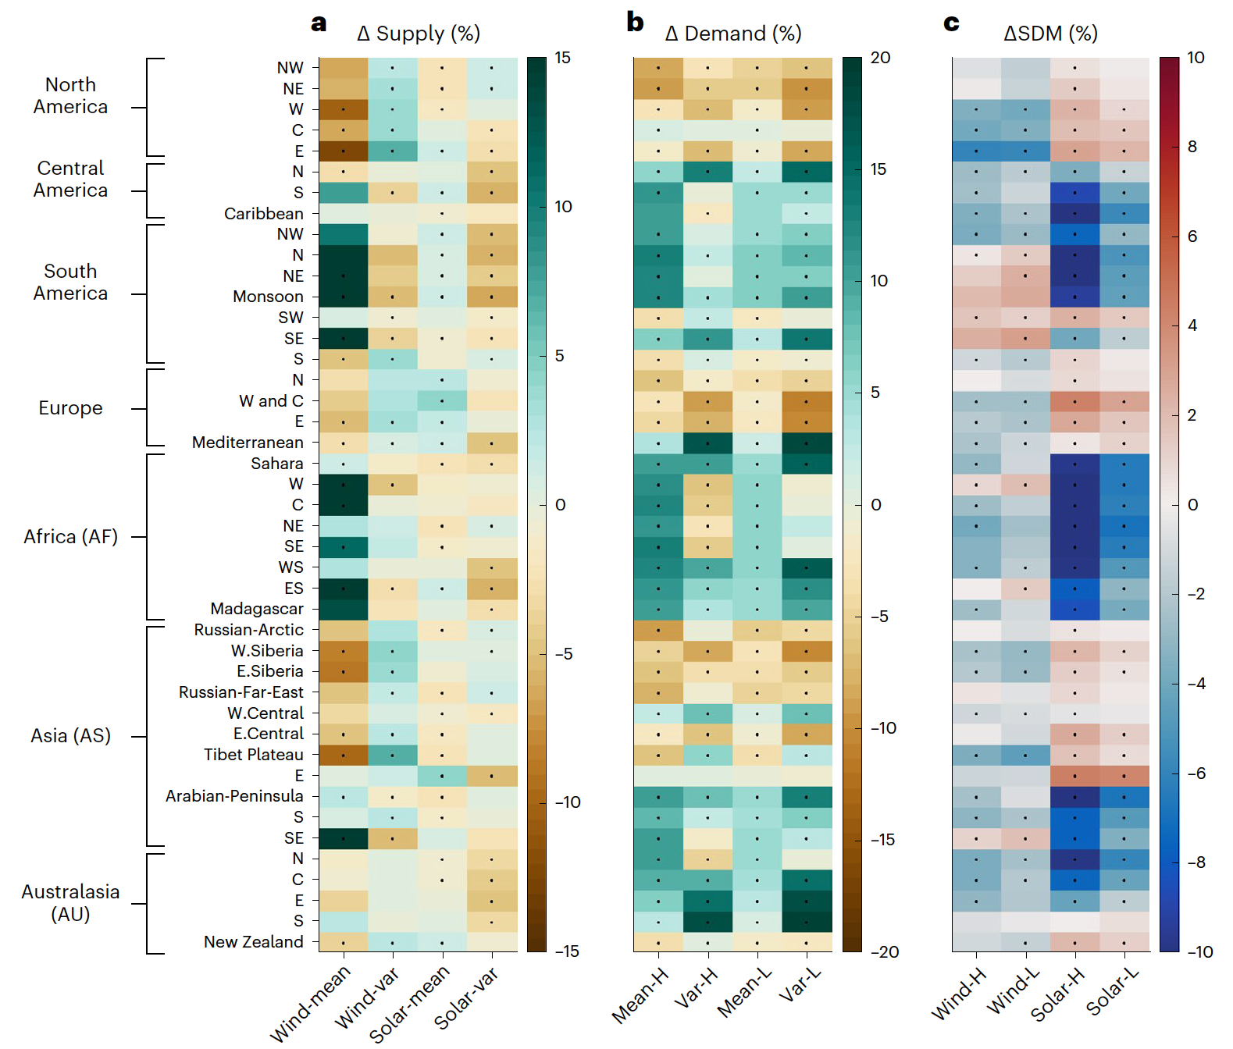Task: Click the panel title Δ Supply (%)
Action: (x=419, y=34)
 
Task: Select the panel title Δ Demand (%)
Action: (x=733, y=34)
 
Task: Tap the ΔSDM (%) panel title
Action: (x=1050, y=34)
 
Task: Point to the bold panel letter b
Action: (x=635, y=22)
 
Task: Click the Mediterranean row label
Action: (x=248, y=443)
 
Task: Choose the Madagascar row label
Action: (x=257, y=609)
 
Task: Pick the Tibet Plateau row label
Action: (x=254, y=755)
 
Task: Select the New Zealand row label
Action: (x=254, y=942)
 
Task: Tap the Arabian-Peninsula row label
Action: (x=234, y=796)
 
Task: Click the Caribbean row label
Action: (x=264, y=214)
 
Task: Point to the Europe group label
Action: (x=70, y=408)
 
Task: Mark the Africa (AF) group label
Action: (x=70, y=537)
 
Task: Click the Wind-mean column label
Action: (x=310, y=1004)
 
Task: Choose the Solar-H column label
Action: (x=1057, y=994)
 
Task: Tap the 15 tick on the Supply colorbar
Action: (x=563, y=58)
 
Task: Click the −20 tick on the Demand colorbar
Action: (x=885, y=952)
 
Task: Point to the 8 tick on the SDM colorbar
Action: (x=1192, y=147)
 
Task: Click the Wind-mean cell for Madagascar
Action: (x=344, y=609)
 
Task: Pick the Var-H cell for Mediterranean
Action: (x=708, y=443)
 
